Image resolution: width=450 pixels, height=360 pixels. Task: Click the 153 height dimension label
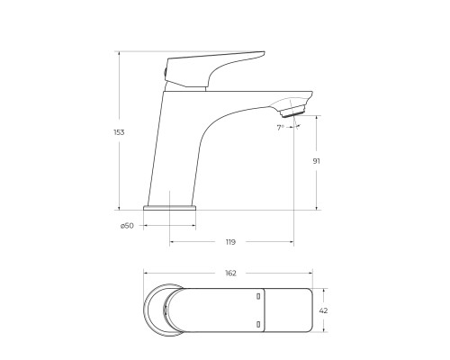pyautogui.click(x=119, y=132)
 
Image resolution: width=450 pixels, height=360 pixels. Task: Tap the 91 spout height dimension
pyautogui.click(x=316, y=161)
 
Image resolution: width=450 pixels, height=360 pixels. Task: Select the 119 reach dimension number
pyautogui.click(x=231, y=242)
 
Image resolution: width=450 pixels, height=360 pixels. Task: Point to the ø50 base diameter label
pyautogui.click(x=127, y=225)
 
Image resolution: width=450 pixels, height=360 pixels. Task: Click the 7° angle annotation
pyautogui.click(x=281, y=128)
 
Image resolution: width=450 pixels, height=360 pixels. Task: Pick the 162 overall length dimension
pyautogui.click(x=230, y=273)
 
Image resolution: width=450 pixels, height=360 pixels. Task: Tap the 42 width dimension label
pyautogui.click(x=323, y=310)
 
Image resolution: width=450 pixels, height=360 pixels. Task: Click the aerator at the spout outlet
pyautogui.click(x=292, y=111)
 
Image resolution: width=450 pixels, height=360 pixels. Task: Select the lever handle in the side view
pyautogui.click(x=216, y=67)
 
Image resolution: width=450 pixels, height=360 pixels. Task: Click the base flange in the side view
pyautogui.click(x=169, y=207)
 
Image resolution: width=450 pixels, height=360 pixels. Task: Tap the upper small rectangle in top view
pyautogui.click(x=258, y=295)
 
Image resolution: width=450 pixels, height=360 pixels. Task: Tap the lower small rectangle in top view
pyautogui.click(x=258, y=321)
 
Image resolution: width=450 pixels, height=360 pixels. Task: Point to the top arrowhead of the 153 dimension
pyautogui.click(x=119, y=53)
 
